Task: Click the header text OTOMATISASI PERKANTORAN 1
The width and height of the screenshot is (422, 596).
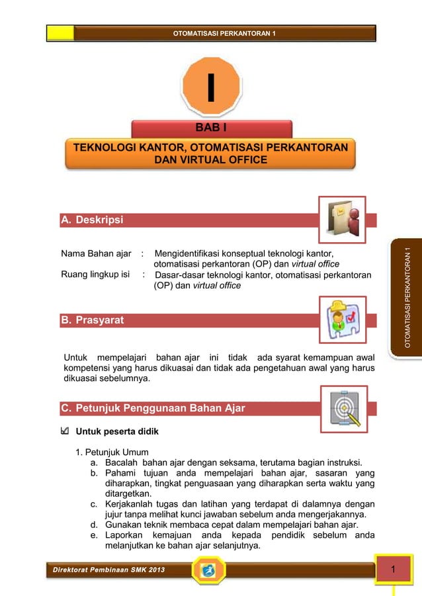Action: pos(224,32)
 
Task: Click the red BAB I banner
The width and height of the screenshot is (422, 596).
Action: pos(212,128)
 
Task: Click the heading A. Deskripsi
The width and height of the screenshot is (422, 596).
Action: pos(92,220)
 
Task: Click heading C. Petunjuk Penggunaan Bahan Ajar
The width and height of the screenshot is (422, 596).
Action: pos(153,408)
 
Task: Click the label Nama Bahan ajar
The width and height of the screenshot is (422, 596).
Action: pos(95,253)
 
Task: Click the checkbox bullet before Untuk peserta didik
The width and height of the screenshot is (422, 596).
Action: pos(63,432)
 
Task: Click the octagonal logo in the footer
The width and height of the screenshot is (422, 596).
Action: pos(209,570)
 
